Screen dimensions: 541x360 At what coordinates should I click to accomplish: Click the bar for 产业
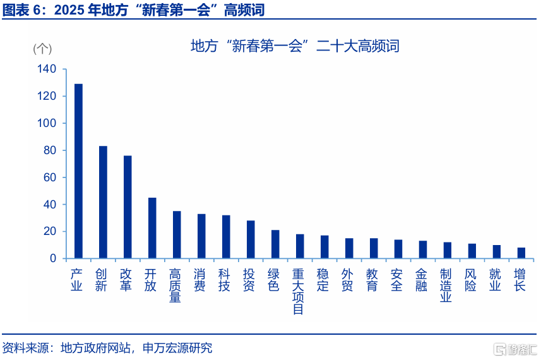[x=79, y=171]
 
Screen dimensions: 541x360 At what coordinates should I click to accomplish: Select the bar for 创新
[x=103, y=202]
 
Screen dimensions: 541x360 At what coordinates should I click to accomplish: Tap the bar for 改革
[x=128, y=207]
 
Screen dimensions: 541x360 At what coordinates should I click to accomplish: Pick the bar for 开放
[x=152, y=228]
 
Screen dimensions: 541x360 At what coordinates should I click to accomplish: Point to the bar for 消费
[x=201, y=236]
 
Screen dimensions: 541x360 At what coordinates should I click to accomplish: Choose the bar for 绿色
[x=275, y=244]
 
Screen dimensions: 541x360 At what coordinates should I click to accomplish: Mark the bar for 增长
[x=521, y=253]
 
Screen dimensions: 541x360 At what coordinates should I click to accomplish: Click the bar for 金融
[x=423, y=249]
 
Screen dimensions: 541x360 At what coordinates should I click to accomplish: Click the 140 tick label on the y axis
[x=47, y=69]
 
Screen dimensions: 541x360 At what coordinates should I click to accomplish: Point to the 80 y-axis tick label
[x=50, y=150]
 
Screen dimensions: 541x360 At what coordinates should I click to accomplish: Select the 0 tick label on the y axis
[x=53, y=258]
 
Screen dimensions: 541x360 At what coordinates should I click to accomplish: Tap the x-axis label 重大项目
[x=298, y=292]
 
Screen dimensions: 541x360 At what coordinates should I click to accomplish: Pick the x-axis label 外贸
[x=347, y=280]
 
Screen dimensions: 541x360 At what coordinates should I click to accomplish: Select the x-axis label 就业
[x=495, y=280]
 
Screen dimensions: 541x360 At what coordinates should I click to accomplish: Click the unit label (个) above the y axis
[x=42, y=49]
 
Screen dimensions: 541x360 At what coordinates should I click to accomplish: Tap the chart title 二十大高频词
[x=357, y=46]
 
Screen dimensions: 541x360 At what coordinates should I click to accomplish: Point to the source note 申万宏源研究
[x=177, y=347]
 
